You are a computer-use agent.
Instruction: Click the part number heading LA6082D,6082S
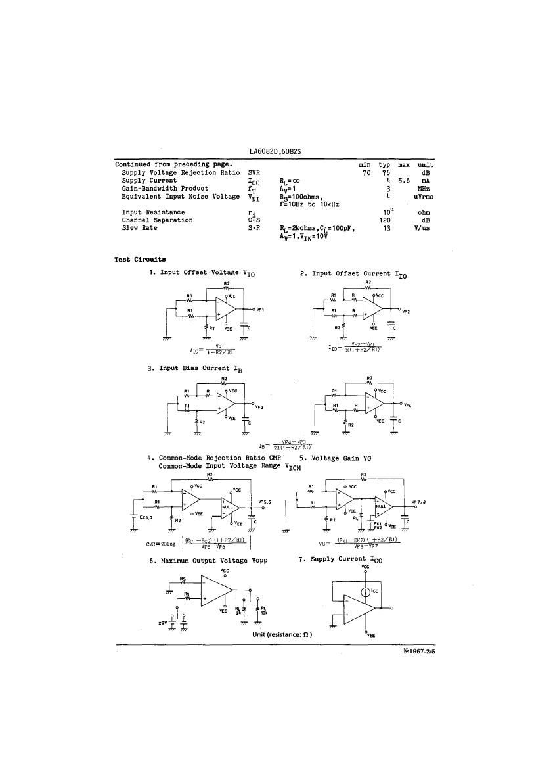(275, 151)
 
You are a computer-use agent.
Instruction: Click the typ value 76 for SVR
(386, 173)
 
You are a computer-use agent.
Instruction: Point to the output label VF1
(259, 310)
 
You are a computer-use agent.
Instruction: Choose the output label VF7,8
(418, 502)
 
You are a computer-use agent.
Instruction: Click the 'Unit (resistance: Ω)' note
(282, 634)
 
